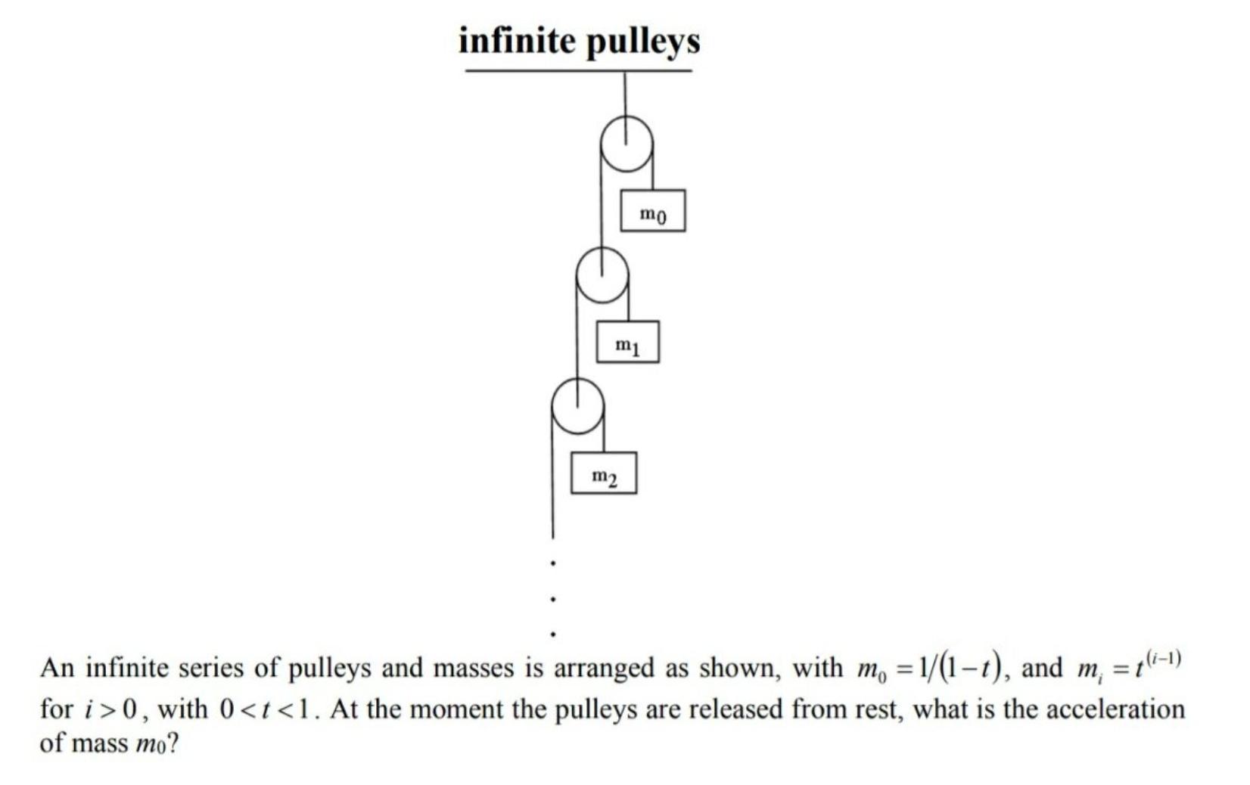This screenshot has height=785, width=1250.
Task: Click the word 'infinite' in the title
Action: click(517, 41)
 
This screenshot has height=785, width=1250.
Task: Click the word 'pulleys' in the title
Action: click(643, 42)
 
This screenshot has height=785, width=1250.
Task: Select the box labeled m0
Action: click(652, 211)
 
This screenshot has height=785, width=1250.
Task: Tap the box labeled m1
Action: click(627, 343)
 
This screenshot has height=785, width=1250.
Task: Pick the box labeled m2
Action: click(603, 474)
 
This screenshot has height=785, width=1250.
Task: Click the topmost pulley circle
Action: click(626, 144)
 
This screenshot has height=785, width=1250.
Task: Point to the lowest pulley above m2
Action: click(577, 407)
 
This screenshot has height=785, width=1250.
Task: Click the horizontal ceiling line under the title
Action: click(578, 71)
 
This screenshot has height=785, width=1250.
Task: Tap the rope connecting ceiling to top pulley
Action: click(625, 95)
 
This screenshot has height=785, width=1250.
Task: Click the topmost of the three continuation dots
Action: click(554, 563)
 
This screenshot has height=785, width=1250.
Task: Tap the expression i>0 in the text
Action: click(111, 709)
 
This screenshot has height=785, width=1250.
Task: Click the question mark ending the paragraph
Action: click(173, 744)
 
